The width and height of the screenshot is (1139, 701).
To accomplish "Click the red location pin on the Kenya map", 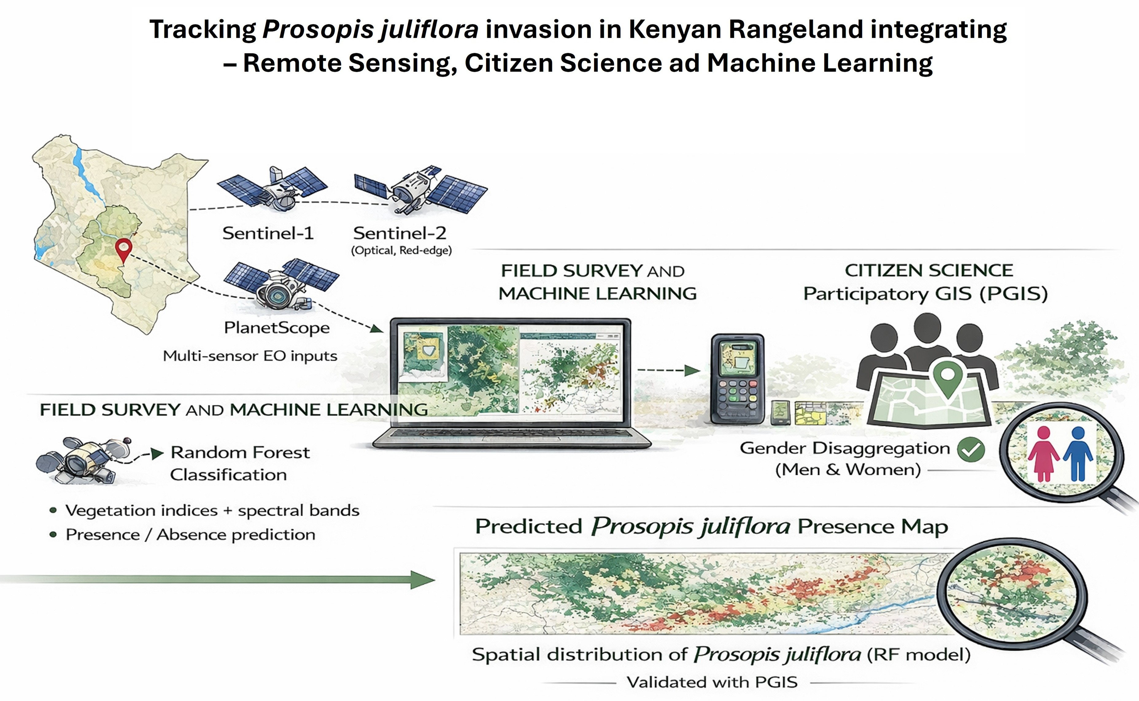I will [x=123, y=248].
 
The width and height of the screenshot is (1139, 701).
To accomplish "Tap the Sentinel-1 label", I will [x=268, y=233].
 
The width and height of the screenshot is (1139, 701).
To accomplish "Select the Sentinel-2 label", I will [x=400, y=233].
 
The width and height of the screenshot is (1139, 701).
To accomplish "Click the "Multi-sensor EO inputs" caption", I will [x=250, y=356].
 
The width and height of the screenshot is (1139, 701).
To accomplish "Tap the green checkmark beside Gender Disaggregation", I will [x=971, y=449].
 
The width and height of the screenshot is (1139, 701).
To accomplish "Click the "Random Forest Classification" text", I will [x=240, y=463].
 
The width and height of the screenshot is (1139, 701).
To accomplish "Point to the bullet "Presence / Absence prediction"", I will [x=190, y=534].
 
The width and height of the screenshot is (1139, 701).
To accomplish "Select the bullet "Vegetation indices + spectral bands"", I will [x=212, y=510].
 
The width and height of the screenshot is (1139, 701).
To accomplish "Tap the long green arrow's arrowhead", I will [x=422, y=580].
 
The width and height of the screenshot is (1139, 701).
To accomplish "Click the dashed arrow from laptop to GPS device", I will [x=668, y=370].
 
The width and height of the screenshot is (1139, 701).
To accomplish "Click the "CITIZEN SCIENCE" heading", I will [x=929, y=270].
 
